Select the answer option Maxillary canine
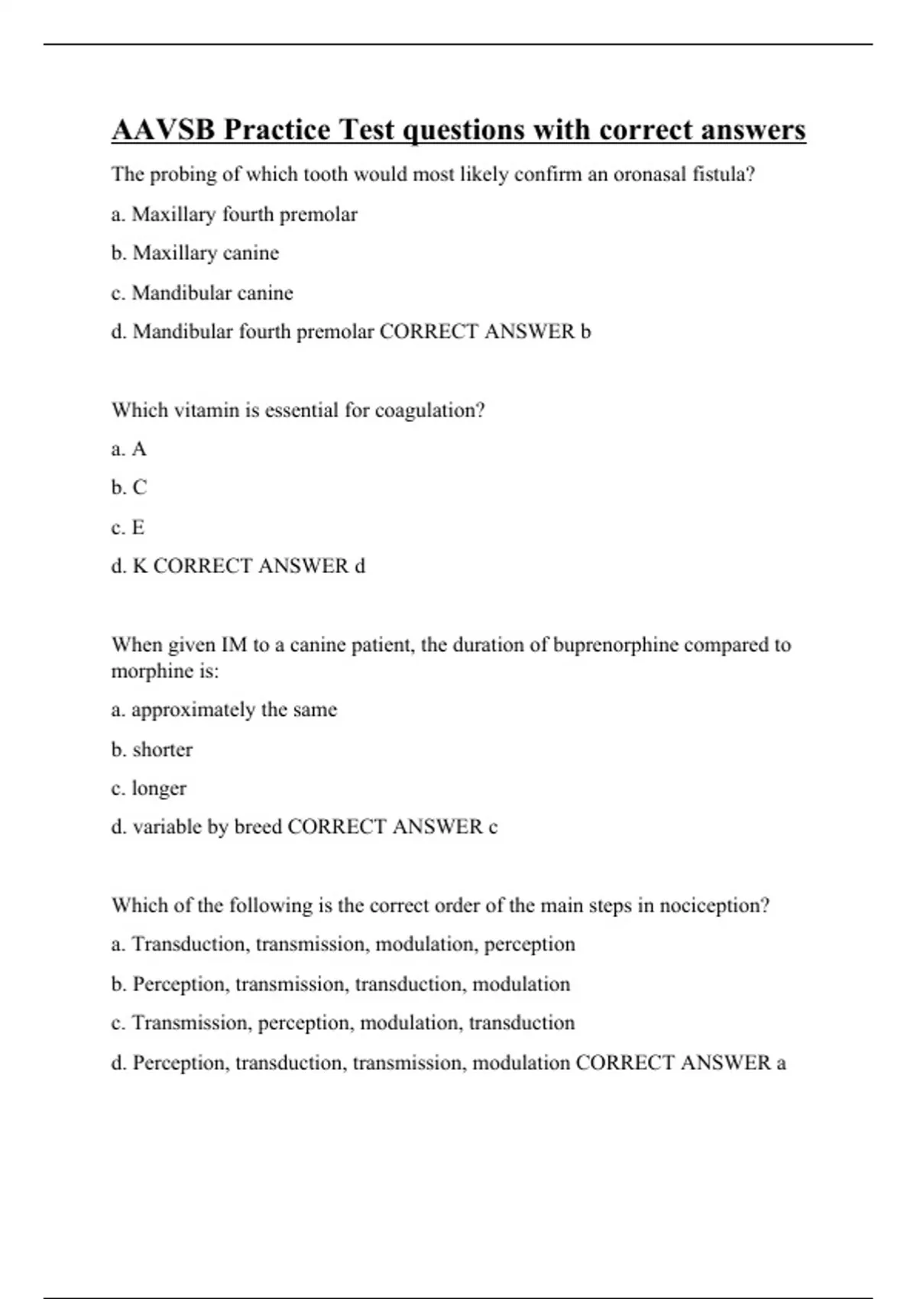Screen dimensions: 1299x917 tap(206, 253)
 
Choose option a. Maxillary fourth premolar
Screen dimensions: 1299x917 tap(234, 215)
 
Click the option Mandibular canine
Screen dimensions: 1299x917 tap(212, 293)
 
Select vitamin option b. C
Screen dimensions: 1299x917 tap(129, 488)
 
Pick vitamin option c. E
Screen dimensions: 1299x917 tap(128, 527)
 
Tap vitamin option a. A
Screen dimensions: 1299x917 tap(128, 449)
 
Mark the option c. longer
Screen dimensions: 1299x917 tap(149, 789)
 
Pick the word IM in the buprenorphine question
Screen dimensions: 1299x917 tap(234, 645)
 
